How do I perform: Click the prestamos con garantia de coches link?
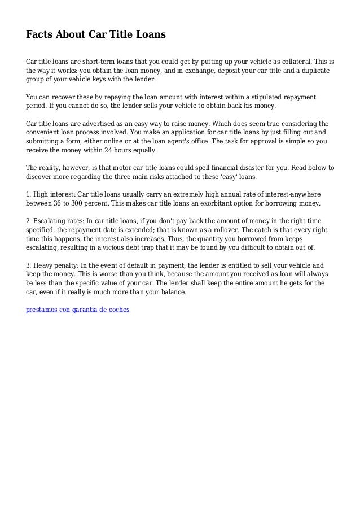[x=78, y=310]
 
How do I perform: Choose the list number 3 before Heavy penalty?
[x=29, y=264]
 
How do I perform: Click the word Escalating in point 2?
[x=53, y=220]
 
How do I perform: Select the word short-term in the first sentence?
[x=98, y=61]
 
